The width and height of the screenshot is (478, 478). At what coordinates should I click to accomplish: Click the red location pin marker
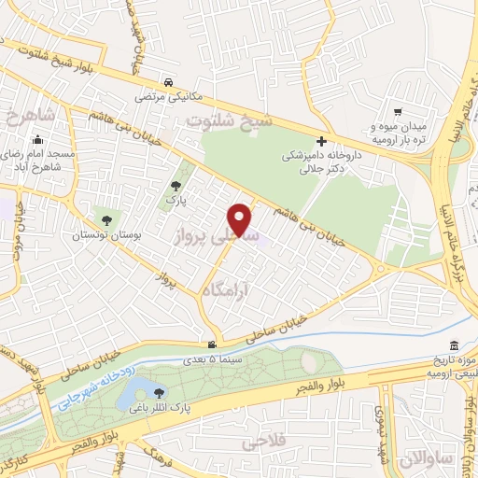[241, 218]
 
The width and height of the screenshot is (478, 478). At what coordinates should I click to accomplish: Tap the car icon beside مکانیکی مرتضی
[166, 82]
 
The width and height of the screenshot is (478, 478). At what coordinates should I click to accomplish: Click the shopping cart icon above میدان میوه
[399, 110]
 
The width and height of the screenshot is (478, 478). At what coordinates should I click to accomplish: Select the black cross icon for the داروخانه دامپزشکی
[320, 141]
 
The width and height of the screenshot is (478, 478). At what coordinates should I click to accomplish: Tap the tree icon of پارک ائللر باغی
[158, 393]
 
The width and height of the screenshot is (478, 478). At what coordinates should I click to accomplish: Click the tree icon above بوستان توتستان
[106, 221]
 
